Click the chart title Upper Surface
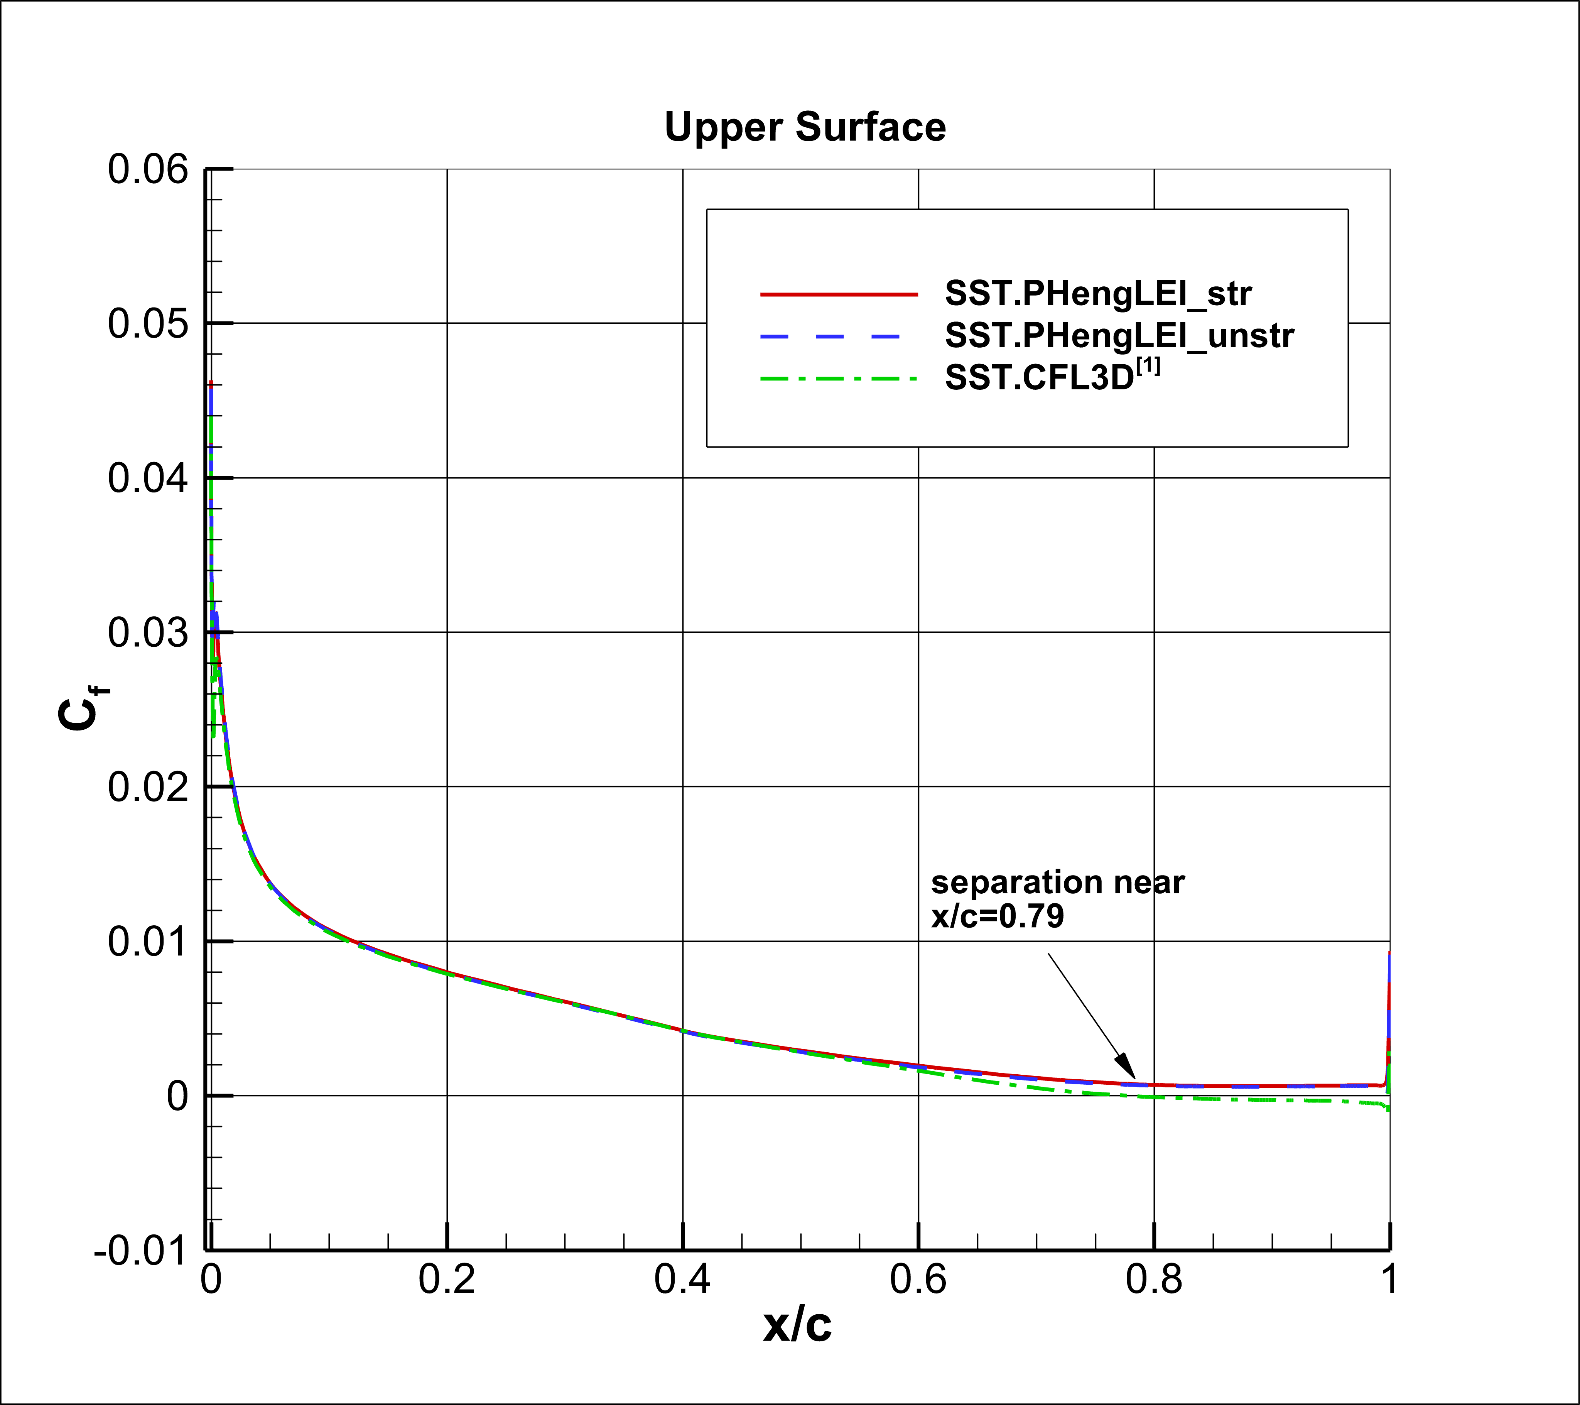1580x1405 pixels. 805,127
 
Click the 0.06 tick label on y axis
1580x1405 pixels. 148,169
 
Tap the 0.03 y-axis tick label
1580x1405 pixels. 148,632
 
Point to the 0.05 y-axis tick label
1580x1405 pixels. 148,323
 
